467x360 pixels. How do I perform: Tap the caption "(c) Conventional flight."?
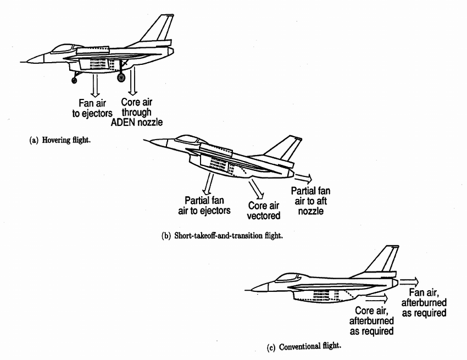click(310, 347)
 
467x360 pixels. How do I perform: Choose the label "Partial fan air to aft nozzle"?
click(311, 200)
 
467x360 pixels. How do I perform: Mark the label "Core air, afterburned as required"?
click(372, 320)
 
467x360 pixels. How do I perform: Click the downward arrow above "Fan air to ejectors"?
click(95, 85)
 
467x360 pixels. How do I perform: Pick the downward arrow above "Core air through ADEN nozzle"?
click(132, 84)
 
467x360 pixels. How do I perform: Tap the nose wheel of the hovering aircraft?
click(74, 80)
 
